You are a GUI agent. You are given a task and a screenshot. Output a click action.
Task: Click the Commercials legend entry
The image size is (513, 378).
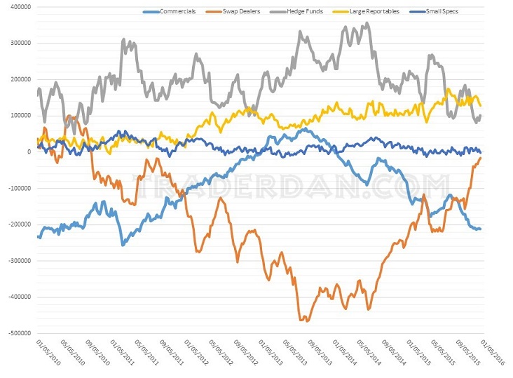[x=177, y=12]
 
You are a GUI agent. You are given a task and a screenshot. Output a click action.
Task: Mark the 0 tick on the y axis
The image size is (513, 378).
[x=28, y=151]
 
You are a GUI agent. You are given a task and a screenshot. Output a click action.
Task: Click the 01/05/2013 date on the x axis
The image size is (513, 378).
[x=269, y=355]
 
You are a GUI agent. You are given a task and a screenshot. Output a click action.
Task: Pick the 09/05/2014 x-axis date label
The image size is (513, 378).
[x=395, y=355]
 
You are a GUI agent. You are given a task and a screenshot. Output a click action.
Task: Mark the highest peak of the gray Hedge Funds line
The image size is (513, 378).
[x=368, y=24]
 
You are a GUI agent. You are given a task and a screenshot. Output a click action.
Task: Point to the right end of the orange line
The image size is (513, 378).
[x=481, y=158]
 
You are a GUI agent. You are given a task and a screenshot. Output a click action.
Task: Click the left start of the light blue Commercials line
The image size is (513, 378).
[x=38, y=236]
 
